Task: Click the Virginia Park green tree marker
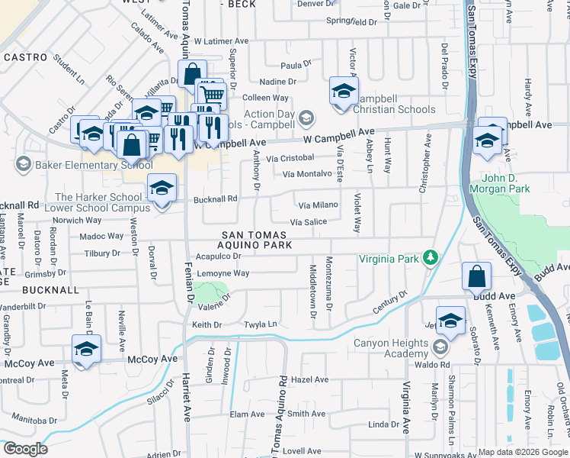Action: pyautogui.click(x=431, y=257)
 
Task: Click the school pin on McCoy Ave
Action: pyautogui.click(x=87, y=350)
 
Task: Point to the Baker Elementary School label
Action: pyautogui.click(x=84, y=164)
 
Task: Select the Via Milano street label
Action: pyautogui.click(x=318, y=205)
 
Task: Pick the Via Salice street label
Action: pyautogui.click(x=308, y=222)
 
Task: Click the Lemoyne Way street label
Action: pyautogui.click(x=223, y=273)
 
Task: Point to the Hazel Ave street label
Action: pyautogui.click(x=309, y=379)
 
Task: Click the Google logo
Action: pyautogui.click(x=25, y=449)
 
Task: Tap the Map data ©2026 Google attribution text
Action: pyautogui.click(x=523, y=453)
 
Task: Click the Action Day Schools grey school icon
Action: pyautogui.click(x=306, y=118)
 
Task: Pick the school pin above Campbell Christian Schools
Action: pyautogui.click(x=343, y=92)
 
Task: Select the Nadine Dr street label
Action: pyautogui.click(x=277, y=82)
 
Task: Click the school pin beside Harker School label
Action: pyautogui.click(x=162, y=189)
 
